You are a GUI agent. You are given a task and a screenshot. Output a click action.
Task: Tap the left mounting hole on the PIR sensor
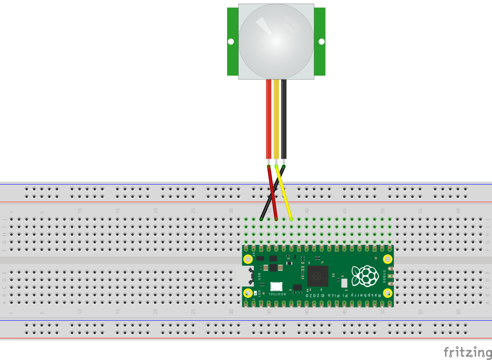tap(231, 42)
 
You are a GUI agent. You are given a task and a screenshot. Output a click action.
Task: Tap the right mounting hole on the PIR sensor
tap(321, 42)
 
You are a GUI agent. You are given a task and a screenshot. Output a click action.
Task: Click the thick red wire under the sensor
tap(269, 119)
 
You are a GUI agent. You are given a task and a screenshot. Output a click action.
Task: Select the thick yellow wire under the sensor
tap(276, 119)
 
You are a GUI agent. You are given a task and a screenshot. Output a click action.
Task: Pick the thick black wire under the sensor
tap(284, 119)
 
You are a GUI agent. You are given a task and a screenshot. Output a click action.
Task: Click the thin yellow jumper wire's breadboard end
tap(291, 219)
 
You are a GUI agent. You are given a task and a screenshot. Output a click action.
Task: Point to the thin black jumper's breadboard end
tap(261, 219)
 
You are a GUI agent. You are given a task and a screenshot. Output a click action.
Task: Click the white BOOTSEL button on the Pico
tap(276, 287)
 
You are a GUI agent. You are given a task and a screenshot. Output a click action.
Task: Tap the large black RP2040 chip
tap(317, 276)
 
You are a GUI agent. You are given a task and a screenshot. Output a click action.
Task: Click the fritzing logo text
tap(467, 352)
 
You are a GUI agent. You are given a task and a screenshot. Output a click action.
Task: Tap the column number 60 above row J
tap(458, 211)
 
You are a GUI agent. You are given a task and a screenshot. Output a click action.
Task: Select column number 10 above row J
tap(80, 211)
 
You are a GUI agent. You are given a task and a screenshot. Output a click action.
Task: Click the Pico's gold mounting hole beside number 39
tap(248, 258)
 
